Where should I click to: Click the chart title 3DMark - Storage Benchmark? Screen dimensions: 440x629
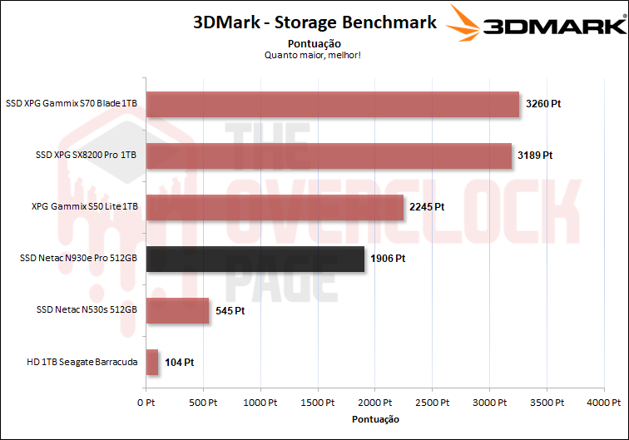point(314,22)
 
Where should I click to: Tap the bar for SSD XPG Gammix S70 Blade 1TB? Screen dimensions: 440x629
point(332,105)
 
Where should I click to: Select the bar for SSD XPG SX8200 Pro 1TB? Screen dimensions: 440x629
point(329,156)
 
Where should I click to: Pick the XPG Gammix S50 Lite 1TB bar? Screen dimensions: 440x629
point(275,207)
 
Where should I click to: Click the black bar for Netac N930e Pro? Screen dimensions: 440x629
point(255,259)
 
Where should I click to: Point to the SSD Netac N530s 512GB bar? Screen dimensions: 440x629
point(177,310)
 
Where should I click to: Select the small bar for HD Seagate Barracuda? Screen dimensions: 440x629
point(152,362)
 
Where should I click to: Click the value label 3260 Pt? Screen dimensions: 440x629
point(543,105)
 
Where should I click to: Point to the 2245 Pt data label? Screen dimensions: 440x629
point(427,207)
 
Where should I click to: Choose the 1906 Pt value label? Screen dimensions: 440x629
point(388,259)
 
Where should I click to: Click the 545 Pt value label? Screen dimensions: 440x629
point(230,310)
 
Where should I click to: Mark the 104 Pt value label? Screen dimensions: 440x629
point(178,362)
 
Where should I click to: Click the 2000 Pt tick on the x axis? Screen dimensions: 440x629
point(375,402)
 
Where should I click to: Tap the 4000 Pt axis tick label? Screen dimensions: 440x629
point(604,402)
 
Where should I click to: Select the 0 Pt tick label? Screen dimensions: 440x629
point(146,402)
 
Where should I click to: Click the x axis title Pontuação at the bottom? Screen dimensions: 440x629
point(375,419)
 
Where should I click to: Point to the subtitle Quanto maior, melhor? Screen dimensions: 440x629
point(314,55)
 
